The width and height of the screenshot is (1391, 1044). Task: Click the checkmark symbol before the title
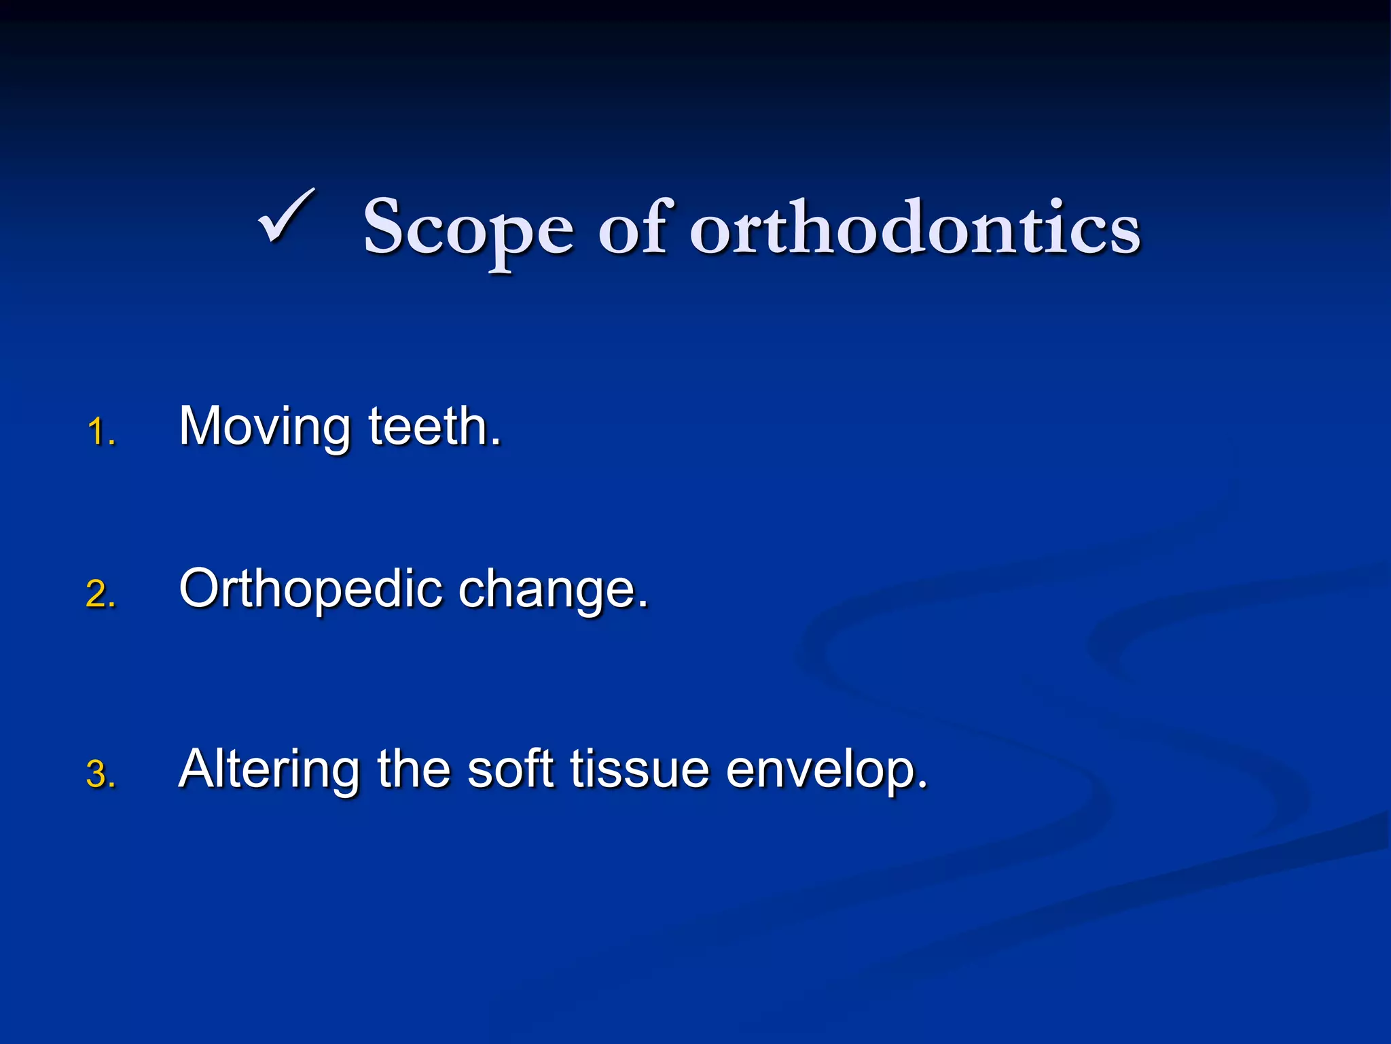point(287,216)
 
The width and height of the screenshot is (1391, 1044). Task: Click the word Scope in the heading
point(469,228)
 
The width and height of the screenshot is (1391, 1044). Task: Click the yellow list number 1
point(100,433)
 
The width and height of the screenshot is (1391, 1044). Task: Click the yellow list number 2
point(100,594)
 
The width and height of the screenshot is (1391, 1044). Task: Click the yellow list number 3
point(100,775)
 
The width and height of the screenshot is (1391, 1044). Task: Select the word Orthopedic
point(311,590)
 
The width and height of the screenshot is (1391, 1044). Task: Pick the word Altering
point(268,770)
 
